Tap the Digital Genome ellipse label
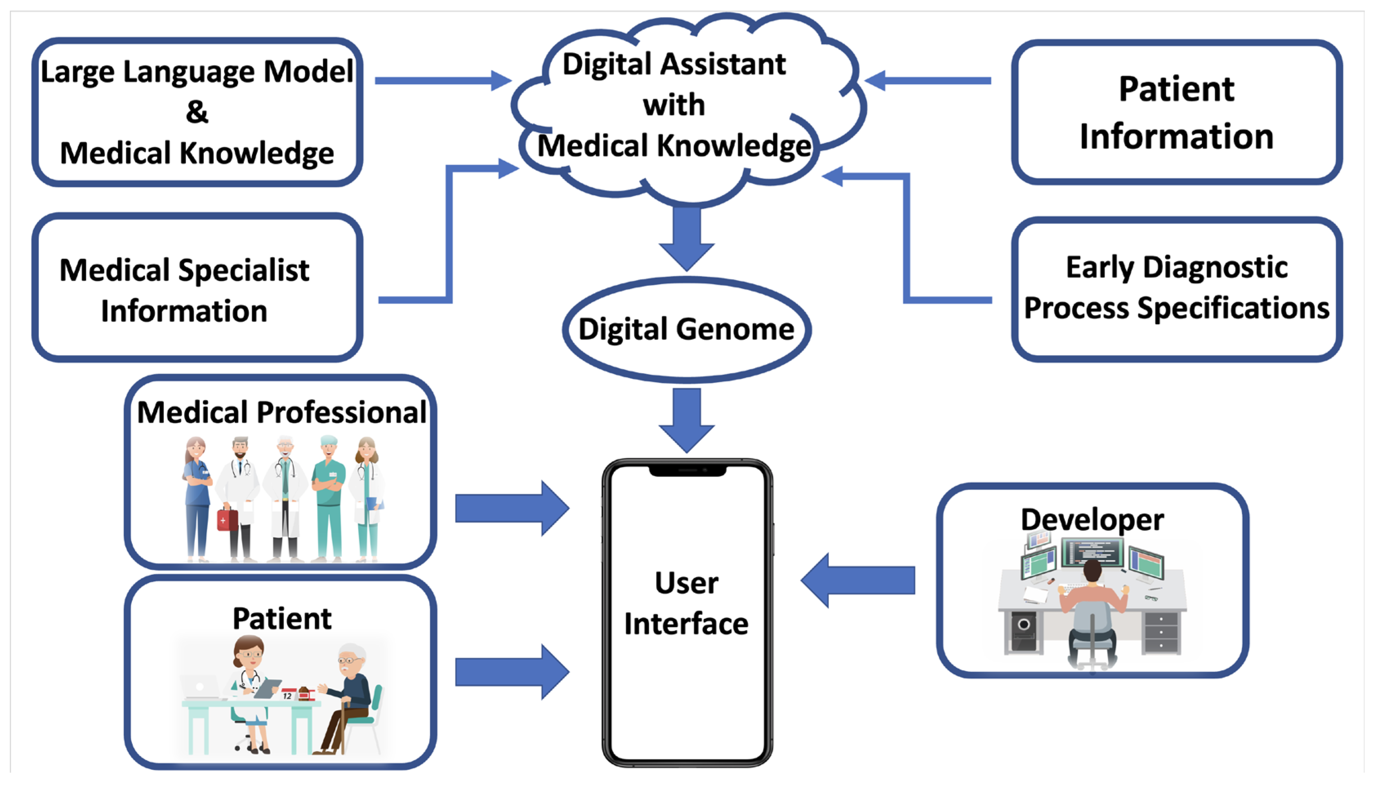coord(686,329)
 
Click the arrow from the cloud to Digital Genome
coord(686,238)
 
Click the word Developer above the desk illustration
coord(1092,520)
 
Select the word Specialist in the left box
coord(243,270)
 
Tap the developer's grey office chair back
coord(1092,629)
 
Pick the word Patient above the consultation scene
coord(282,618)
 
